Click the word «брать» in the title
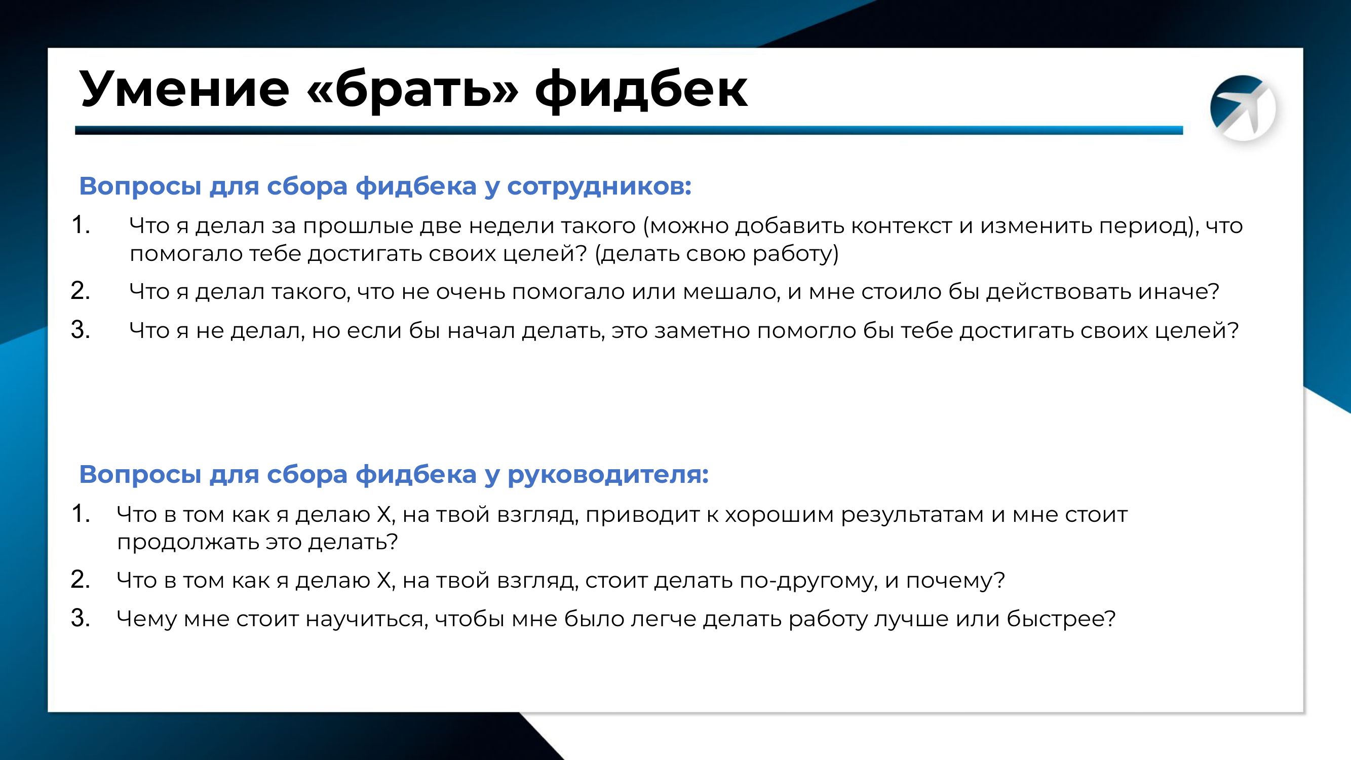coord(412,90)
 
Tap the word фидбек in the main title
coord(641,90)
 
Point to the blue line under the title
coord(629,131)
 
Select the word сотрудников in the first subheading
coord(599,187)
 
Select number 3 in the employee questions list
coord(80,330)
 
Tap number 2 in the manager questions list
coord(80,580)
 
